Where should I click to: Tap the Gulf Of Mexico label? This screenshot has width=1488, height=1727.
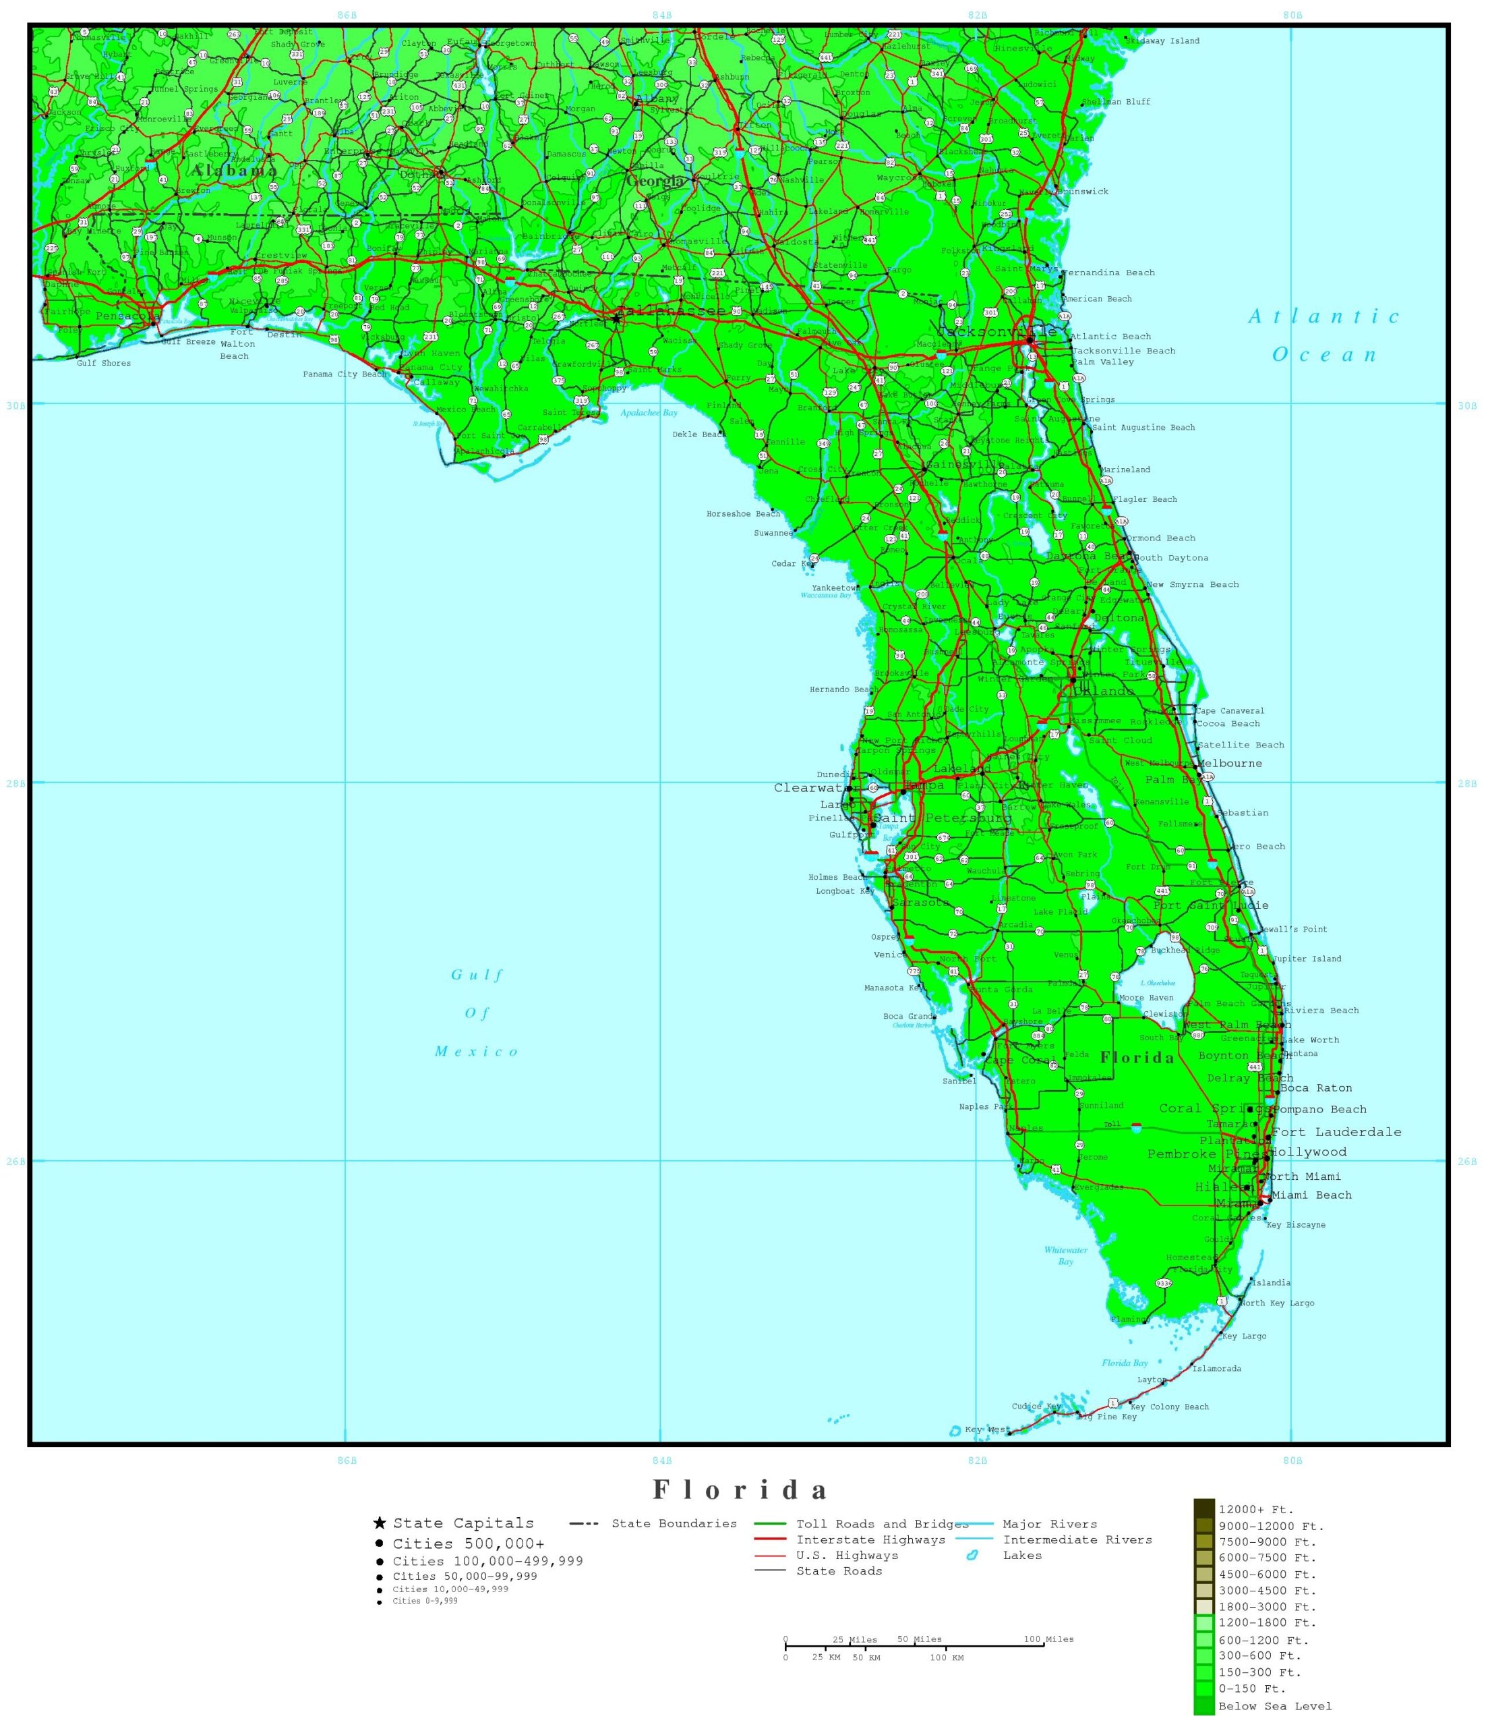point(477,1013)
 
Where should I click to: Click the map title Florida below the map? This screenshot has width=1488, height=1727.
point(741,1489)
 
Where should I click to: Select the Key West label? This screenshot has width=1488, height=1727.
point(986,1429)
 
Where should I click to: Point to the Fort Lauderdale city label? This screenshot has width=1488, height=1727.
point(1336,1132)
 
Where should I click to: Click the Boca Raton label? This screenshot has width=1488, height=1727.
point(1315,1087)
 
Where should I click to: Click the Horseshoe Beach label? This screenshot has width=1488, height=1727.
point(743,514)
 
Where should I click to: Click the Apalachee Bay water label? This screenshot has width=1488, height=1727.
point(649,413)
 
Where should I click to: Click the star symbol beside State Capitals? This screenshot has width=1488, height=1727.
point(380,1523)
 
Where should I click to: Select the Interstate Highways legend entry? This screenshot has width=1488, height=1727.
point(870,1539)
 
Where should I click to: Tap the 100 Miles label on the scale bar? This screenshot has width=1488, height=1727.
point(1048,1639)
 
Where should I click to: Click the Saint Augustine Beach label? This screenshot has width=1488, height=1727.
point(1142,428)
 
